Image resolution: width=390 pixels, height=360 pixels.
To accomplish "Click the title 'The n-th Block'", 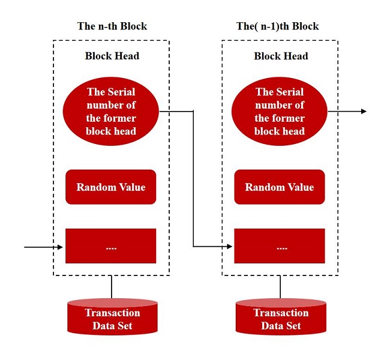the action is [112, 26].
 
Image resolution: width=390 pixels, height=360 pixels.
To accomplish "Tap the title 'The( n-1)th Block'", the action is [277, 26].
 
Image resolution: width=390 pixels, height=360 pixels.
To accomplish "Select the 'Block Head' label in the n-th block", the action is [112, 56].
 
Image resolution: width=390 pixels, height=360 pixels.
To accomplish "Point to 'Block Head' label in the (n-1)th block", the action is [281, 56].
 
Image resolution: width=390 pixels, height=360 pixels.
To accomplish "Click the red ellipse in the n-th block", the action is [110, 111].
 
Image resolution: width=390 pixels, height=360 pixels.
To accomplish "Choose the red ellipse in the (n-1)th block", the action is [280, 111].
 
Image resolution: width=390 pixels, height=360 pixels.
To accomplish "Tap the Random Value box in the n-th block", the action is [110, 187].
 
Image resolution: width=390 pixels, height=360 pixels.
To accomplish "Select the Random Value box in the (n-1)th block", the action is [280, 187].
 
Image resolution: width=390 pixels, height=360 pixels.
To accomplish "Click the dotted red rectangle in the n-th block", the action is [110, 246].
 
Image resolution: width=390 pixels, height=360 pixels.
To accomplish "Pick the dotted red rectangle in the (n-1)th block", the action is [280, 246].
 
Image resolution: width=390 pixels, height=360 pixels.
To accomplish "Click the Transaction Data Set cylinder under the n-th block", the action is [112, 317].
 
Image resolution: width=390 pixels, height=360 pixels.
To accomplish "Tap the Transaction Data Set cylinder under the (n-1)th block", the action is [281, 317].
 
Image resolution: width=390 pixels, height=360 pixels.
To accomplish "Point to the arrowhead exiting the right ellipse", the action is [364, 111].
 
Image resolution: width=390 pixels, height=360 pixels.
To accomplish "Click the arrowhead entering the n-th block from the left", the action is [60, 247].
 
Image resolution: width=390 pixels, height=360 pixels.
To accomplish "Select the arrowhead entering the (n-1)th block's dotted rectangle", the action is [229, 247].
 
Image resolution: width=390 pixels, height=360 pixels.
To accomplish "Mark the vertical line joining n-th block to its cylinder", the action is [112, 287].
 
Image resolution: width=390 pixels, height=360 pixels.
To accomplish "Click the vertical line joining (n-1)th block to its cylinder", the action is [280, 287].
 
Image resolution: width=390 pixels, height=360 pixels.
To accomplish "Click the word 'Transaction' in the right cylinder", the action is [281, 313].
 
